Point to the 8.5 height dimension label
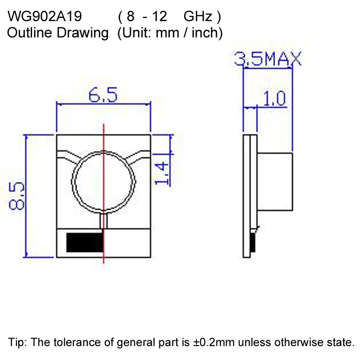click(17, 196)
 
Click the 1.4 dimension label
click(163, 173)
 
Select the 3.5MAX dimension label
click(267, 60)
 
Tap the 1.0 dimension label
click(275, 99)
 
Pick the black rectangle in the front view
click(84, 242)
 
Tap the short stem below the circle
click(104, 220)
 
